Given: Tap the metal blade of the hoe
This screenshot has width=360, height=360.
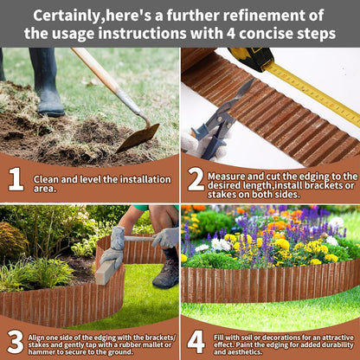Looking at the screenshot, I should [138, 137].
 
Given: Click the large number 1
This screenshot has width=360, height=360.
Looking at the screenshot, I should [15, 179].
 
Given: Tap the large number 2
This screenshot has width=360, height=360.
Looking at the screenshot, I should [196, 179].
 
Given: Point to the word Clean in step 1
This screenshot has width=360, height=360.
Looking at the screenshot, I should [46, 179].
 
